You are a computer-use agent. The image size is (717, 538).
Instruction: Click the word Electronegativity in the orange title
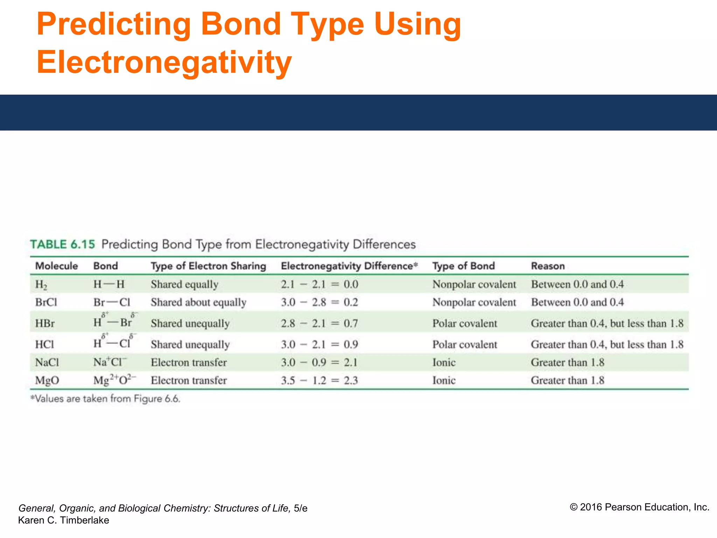click(x=164, y=62)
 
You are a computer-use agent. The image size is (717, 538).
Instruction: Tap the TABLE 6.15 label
click(x=62, y=244)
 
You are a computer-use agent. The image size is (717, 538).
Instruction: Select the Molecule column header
click(x=56, y=266)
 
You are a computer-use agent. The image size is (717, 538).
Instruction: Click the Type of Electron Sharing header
click(x=208, y=266)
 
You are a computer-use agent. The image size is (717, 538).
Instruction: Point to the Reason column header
click(x=548, y=266)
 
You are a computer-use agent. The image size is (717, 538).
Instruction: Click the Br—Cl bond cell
click(x=112, y=302)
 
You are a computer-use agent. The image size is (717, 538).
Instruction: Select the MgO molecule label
click(x=47, y=380)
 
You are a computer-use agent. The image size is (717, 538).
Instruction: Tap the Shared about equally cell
click(x=199, y=302)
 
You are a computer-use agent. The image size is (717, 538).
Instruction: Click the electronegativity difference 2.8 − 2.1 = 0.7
click(x=319, y=323)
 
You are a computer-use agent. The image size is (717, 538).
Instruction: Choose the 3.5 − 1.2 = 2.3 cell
click(x=319, y=380)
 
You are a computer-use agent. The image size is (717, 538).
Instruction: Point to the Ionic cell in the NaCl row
click(x=444, y=362)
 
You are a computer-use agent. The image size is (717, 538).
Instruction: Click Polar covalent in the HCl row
click(x=465, y=344)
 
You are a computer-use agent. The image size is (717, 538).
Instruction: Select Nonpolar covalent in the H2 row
click(x=474, y=284)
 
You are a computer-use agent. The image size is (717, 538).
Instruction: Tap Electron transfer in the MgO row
click(x=189, y=380)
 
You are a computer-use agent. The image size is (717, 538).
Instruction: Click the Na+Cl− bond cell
click(x=110, y=362)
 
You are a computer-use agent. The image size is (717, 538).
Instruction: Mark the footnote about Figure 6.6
click(x=105, y=399)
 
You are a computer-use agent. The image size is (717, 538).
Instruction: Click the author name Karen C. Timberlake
click(x=63, y=520)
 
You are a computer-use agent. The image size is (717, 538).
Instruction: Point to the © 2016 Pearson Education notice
click(x=639, y=507)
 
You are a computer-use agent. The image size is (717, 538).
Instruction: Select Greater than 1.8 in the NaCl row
click(x=568, y=362)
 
